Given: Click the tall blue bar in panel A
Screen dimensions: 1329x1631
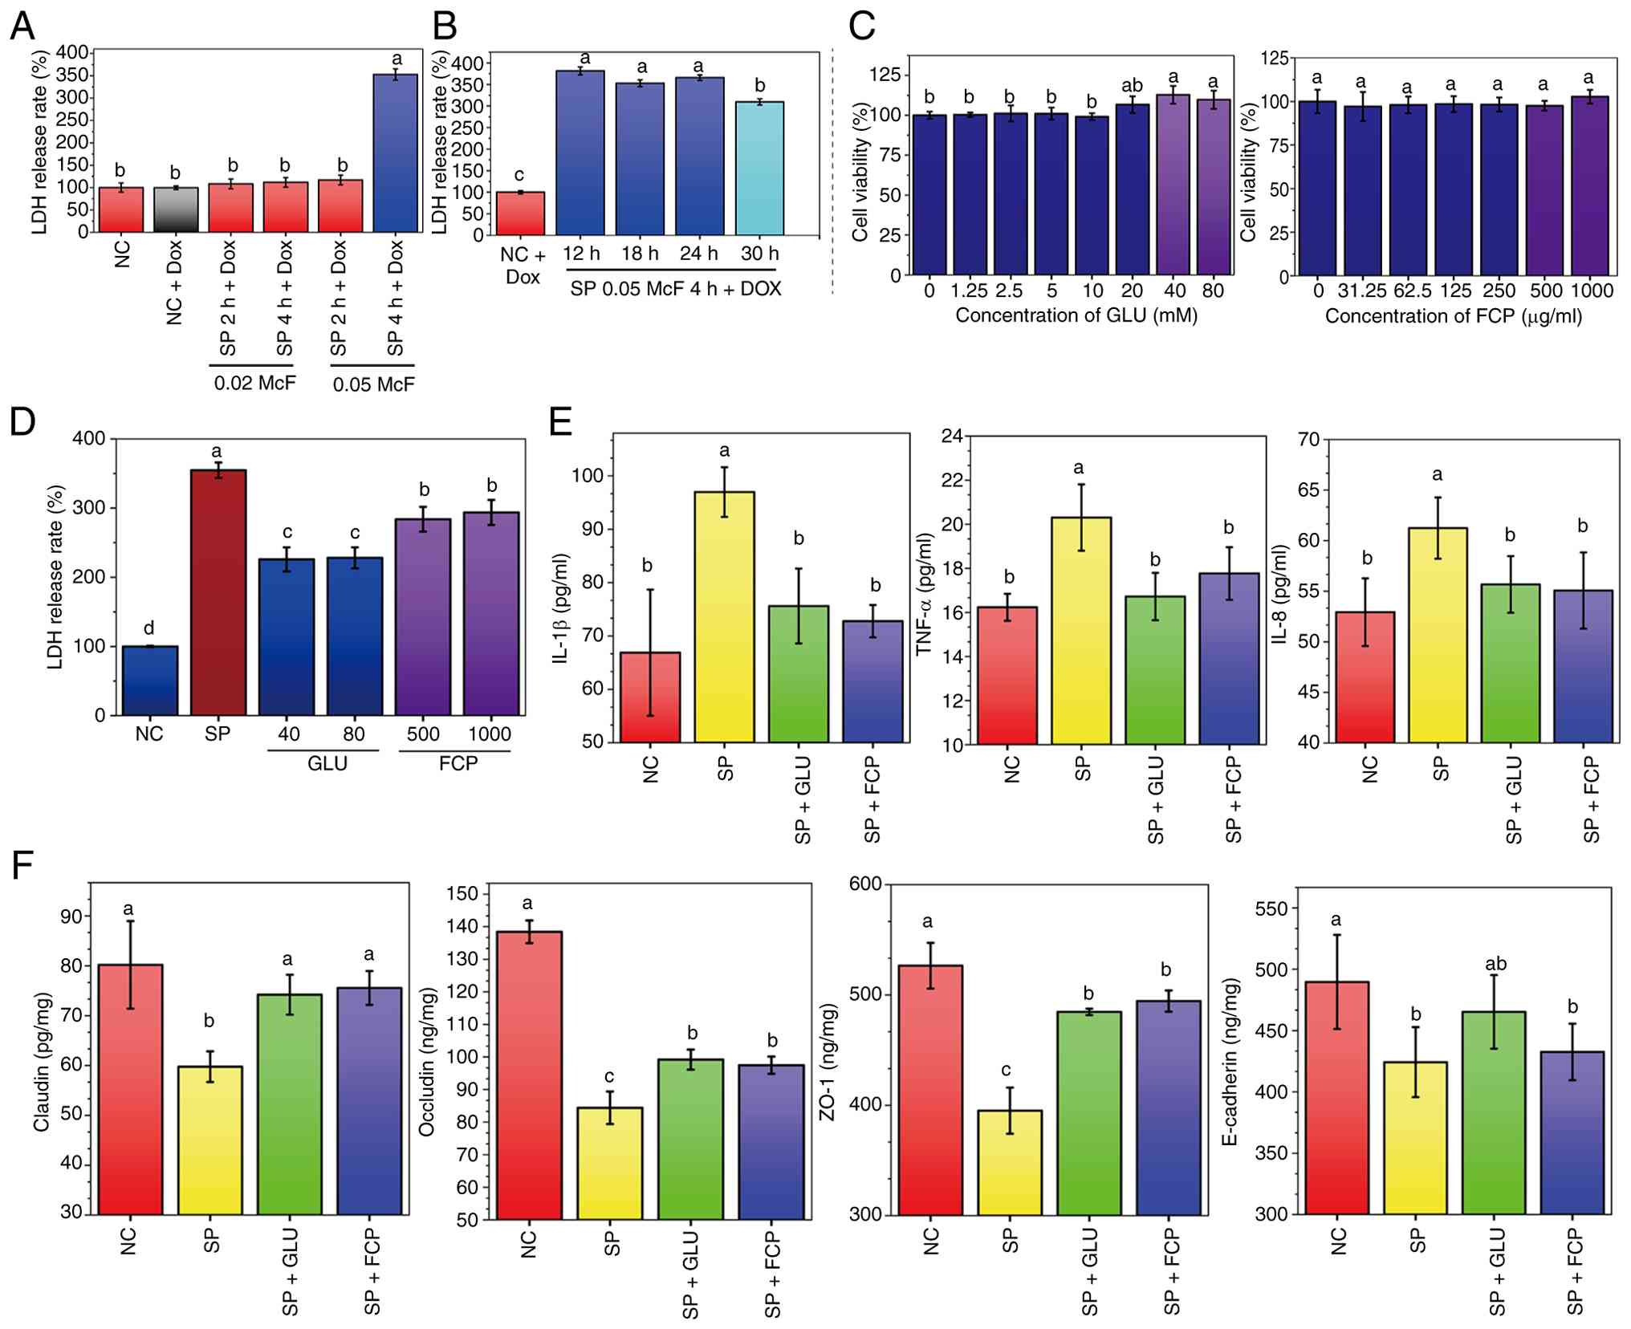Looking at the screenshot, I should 395,153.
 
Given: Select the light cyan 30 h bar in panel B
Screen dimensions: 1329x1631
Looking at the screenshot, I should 759,169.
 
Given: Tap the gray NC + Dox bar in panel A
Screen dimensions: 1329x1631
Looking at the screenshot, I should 175,209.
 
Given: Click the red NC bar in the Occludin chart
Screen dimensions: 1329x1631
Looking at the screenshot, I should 529,1075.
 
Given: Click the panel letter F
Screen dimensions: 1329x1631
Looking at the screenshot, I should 22,866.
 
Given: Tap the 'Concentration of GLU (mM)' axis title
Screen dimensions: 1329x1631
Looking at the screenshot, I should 1076,316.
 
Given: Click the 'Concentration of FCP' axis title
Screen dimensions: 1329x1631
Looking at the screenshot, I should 1453,317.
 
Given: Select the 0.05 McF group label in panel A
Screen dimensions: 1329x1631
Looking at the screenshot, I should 373,385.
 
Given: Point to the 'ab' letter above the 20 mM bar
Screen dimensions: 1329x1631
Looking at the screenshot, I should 1132,86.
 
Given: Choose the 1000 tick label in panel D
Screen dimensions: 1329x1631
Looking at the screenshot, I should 490,734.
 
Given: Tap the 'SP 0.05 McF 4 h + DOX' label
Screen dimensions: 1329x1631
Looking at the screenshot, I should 676,289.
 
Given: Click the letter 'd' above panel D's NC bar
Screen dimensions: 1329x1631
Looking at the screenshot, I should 148,628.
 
